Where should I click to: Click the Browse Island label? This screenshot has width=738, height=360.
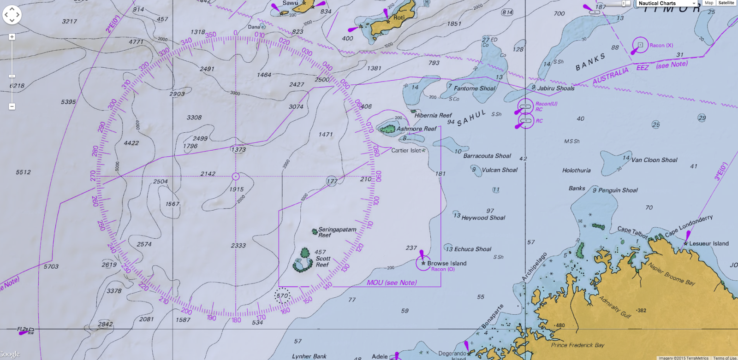click(446, 263)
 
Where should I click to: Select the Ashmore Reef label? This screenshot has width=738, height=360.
click(416, 129)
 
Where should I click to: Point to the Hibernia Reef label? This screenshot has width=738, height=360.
click(433, 116)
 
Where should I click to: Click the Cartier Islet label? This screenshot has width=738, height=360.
click(406, 151)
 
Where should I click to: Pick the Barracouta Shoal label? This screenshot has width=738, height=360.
click(487, 156)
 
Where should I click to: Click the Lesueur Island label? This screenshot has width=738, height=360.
click(708, 244)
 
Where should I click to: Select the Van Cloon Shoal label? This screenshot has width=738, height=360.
click(654, 160)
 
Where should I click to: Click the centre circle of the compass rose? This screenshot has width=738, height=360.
click(236, 177)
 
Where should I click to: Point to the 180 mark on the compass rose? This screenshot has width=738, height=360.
click(236, 320)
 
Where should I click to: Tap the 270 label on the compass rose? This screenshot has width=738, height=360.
click(93, 176)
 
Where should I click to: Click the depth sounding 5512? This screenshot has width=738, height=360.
click(24, 172)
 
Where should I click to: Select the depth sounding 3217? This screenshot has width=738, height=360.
click(70, 22)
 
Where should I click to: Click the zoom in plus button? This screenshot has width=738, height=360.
click(12, 37)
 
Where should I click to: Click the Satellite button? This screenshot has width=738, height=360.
click(726, 3)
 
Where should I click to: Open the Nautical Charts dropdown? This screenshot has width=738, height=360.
click(667, 3)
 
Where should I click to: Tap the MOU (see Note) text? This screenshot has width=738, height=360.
click(392, 283)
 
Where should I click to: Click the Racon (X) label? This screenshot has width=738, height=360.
click(661, 46)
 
